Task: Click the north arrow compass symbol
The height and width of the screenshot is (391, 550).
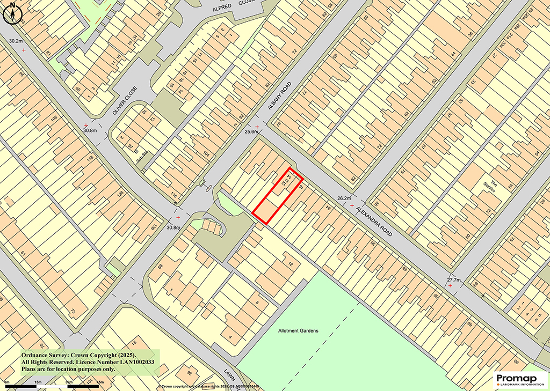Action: (x=12, y=13)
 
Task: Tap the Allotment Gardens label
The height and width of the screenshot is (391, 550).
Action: (x=298, y=331)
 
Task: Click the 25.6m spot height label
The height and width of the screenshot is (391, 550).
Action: (x=252, y=132)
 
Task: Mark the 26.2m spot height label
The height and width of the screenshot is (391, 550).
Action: (x=344, y=198)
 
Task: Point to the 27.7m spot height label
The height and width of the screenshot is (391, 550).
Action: (x=454, y=279)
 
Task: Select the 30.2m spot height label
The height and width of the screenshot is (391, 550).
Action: (x=16, y=41)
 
